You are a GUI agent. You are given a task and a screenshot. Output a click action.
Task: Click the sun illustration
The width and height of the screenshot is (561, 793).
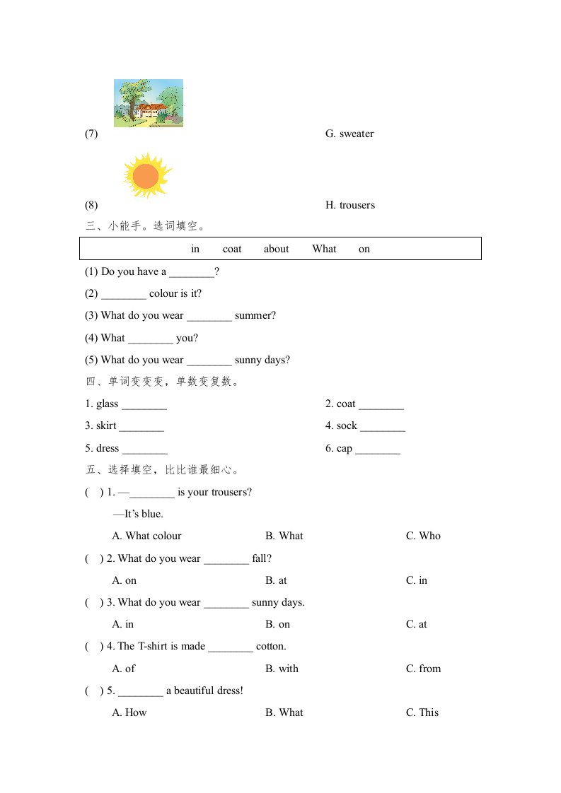(x=146, y=175)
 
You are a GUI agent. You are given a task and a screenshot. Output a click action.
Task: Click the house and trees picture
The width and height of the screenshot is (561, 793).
(x=149, y=103)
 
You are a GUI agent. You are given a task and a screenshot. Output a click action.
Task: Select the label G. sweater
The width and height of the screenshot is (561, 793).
(x=349, y=134)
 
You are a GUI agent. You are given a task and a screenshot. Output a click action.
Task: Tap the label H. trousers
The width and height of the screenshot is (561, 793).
(x=350, y=205)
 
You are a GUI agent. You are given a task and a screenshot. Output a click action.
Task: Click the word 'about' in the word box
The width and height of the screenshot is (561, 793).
(x=276, y=249)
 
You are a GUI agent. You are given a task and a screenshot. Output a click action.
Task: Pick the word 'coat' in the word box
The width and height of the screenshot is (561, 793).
(x=232, y=249)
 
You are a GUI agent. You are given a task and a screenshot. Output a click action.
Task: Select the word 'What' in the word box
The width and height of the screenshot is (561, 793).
(x=324, y=249)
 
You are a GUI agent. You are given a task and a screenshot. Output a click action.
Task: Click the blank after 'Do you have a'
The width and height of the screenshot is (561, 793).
(x=191, y=272)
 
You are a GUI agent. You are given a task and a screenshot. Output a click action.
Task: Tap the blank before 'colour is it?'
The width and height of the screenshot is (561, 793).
(x=124, y=294)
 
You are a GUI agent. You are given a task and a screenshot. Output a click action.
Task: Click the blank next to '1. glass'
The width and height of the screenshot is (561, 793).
(x=144, y=404)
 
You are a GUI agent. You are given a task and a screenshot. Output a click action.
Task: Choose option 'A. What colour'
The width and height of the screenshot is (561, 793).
(x=147, y=536)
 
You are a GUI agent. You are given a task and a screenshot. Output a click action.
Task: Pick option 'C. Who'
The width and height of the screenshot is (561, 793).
(x=423, y=536)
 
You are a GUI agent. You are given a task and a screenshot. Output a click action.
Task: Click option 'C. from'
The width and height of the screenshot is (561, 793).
(x=423, y=669)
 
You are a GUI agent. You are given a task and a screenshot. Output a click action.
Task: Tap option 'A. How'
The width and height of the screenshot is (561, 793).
(x=129, y=712)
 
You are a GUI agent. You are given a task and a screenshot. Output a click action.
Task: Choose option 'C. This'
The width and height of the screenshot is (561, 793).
(x=422, y=712)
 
